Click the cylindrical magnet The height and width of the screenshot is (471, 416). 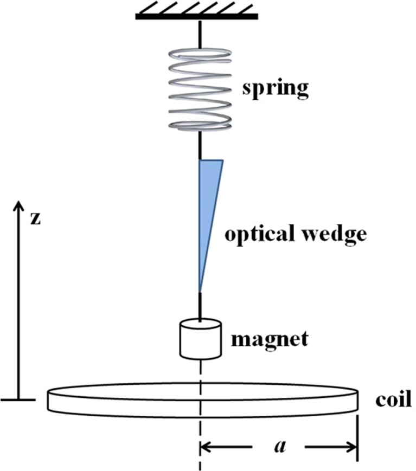[201, 339]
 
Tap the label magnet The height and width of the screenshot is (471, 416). [270, 340]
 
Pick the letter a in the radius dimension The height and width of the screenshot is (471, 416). [280, 447]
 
